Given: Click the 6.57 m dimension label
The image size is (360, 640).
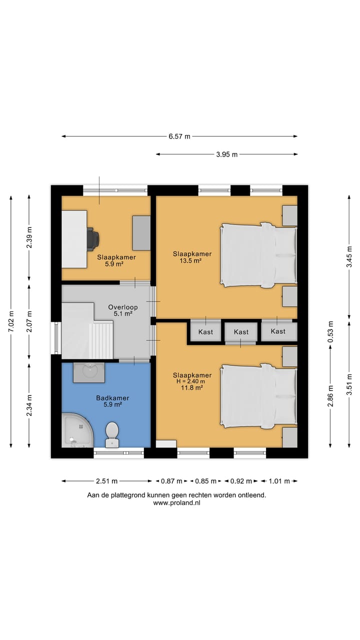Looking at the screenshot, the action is (179, 136).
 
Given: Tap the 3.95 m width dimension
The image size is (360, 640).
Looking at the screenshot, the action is (226, 154).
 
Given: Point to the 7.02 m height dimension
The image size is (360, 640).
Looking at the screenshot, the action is (11, 321).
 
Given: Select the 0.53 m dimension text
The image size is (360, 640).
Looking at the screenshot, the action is (330, 331).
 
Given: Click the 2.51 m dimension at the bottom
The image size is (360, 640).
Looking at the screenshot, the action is (106, 481).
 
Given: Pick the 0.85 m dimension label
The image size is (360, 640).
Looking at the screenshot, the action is (205, 481).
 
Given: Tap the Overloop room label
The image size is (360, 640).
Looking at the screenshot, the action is (123, 307).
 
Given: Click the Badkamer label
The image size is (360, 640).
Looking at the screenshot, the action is (112, 397).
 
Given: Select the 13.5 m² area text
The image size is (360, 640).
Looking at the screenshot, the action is (190, 260).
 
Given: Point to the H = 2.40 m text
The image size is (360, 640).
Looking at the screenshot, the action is (191, 381).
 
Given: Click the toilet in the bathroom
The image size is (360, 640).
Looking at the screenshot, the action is (112, 434).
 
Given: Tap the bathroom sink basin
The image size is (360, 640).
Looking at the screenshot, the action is (89, 372).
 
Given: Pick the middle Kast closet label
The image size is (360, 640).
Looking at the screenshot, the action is (241, 331).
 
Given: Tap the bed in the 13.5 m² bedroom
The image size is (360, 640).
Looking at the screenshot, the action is (258, 255).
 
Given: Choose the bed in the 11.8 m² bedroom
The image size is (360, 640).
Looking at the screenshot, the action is (258, 396).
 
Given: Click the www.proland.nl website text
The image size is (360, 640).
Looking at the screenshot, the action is (176, 503).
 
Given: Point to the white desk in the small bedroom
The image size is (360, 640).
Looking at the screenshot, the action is (74, 239).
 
